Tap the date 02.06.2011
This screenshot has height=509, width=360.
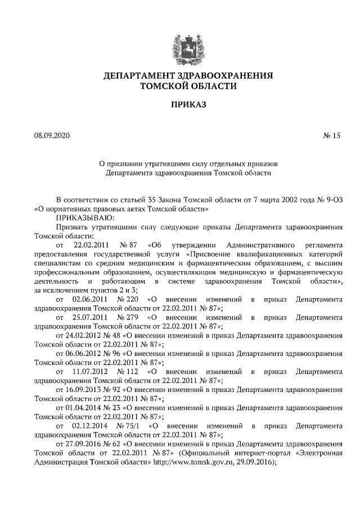(x=91, y=299)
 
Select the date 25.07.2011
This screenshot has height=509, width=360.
(x=91, y=317)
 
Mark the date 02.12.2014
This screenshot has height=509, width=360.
(x=91, y=426)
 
